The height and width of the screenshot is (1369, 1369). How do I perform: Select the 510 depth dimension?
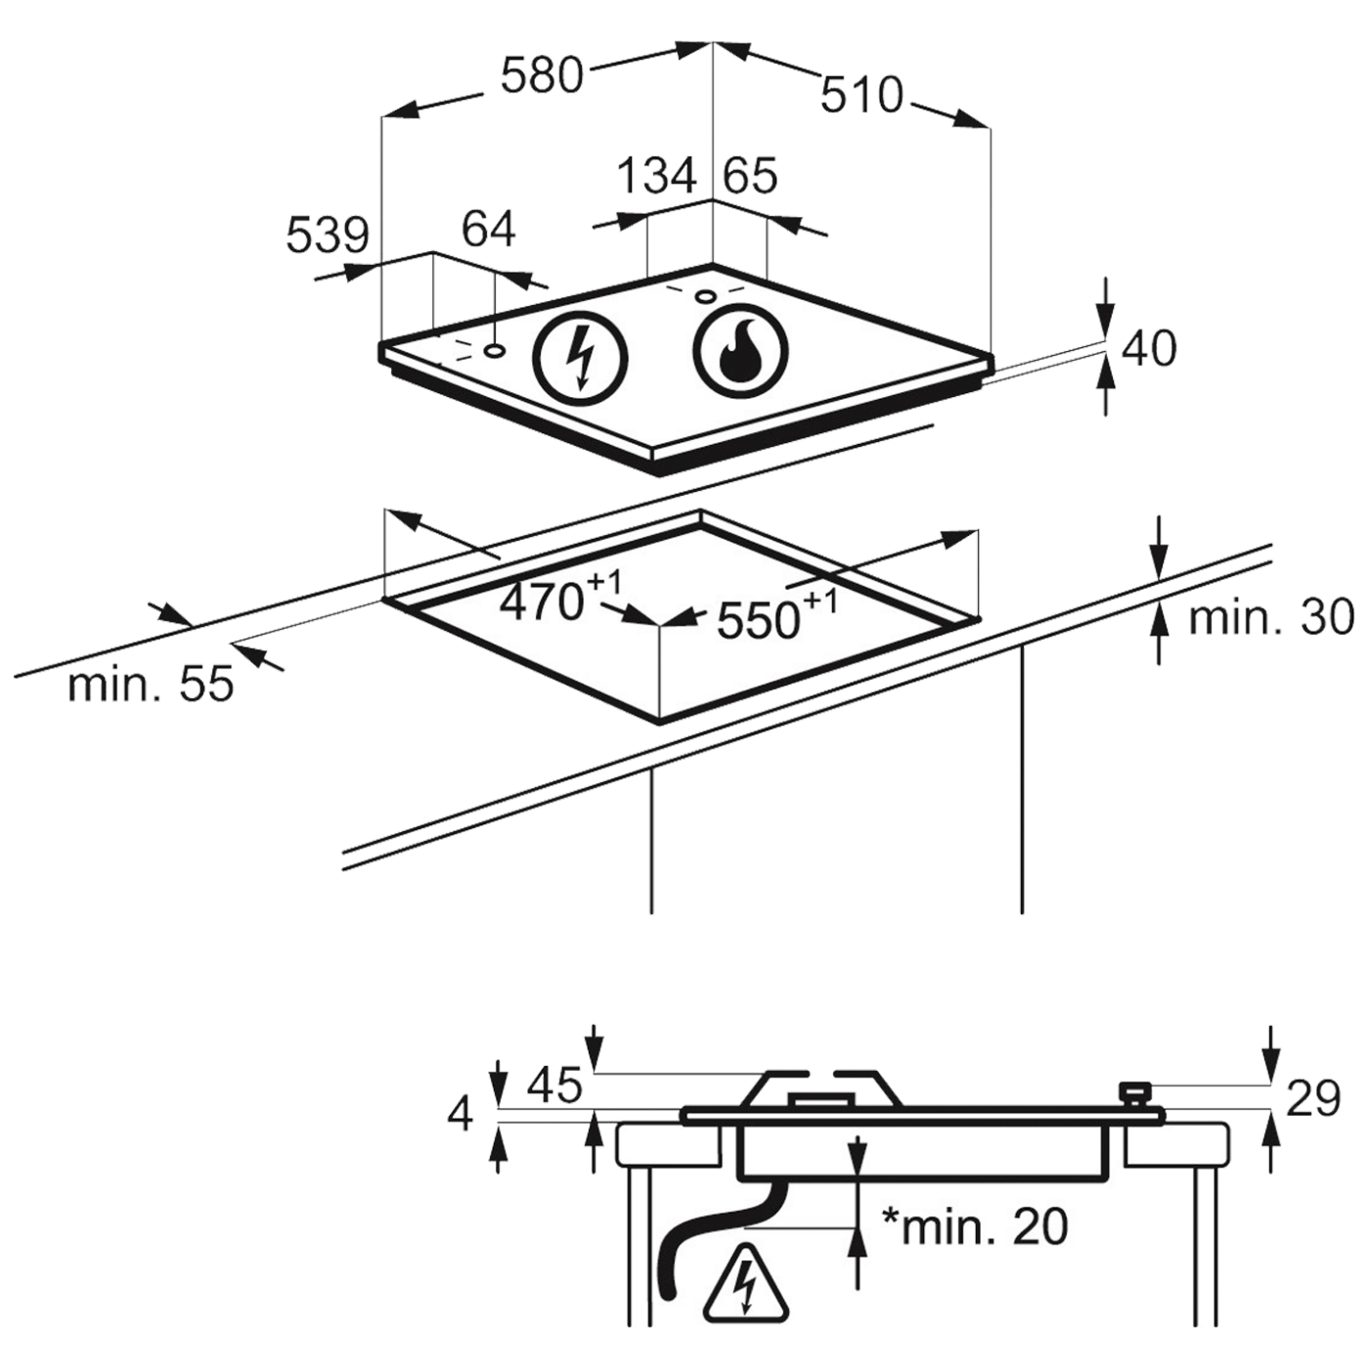861,96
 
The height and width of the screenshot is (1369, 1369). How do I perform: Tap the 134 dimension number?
661,177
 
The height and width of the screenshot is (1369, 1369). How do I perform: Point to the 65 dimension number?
750,177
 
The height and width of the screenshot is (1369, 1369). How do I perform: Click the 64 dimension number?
487,231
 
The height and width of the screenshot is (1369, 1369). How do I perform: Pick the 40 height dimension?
1148,349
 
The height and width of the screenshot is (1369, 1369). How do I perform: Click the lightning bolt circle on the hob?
581,355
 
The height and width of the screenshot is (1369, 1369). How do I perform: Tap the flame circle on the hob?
741,352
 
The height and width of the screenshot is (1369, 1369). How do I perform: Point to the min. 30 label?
1272,617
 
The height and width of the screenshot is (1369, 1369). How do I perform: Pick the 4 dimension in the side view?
466,1111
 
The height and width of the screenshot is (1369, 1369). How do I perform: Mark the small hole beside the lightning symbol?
495,349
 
